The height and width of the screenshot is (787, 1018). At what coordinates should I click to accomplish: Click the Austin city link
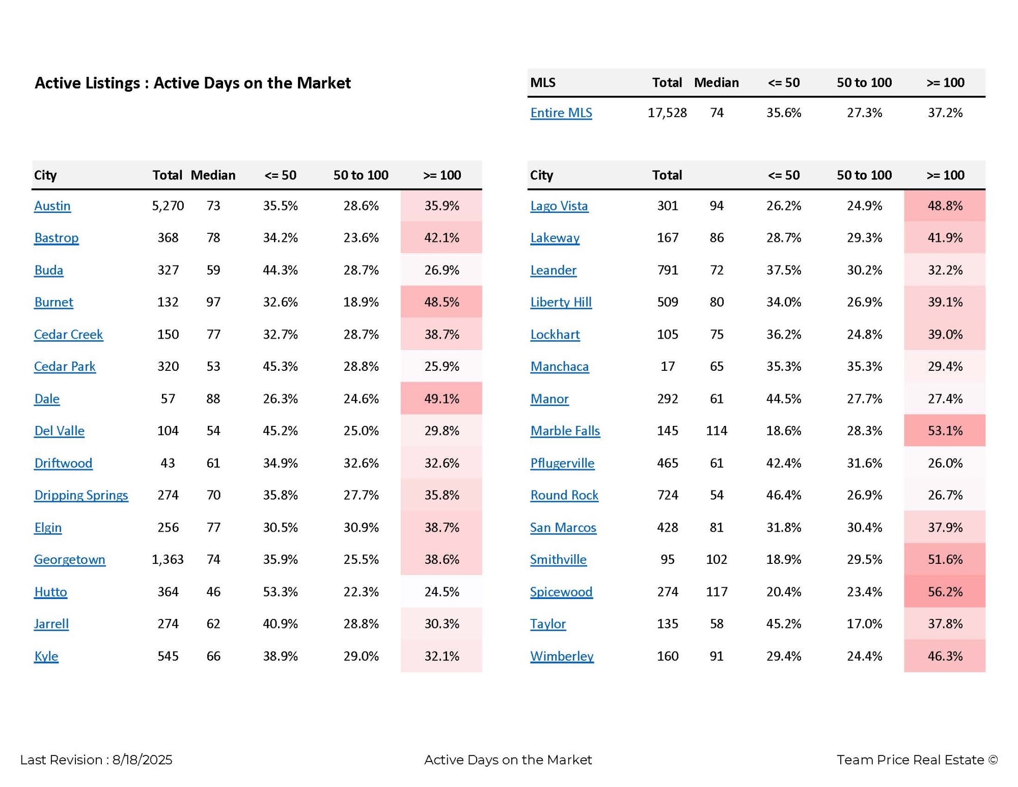pyautogui.click(x=52, y=206)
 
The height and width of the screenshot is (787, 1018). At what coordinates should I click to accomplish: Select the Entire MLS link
pyautogui.click(x=561, y=113)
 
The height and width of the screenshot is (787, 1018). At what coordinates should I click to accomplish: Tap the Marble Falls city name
pyautogui.click(x=565, y=431)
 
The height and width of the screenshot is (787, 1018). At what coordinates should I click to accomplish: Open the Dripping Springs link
pyautogui.click(x=81, y=495)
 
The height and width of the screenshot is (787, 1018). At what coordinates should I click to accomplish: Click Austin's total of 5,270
pyautogui.click(x=168, y=206)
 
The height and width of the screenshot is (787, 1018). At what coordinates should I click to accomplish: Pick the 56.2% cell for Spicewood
pyautogui.click(x=945, y=592)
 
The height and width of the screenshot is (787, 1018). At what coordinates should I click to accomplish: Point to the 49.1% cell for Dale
pyautogui.click(x=442, y=399)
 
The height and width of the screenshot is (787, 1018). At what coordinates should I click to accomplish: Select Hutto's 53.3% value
pyautogui.click(x=280, y=592)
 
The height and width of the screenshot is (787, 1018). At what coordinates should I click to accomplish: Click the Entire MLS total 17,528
pyautogui.click(x=667, y=113)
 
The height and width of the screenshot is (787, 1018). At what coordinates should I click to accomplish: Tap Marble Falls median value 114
pyautogui.click(x=717, y=431)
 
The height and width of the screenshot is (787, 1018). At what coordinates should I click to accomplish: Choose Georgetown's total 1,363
pyautogui.click(x=168, y=560)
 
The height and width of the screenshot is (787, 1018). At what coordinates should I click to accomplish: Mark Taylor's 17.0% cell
pyautogui.click(x=864, y=624)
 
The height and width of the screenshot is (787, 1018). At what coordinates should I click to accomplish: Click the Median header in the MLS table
pyautogui.click(x=716, y=83)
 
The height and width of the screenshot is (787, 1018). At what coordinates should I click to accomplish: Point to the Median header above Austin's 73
pyautogui.click(x=213, y=175)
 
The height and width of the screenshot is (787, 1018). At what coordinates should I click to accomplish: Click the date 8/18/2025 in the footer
pyautogui.click(x=142, y=760)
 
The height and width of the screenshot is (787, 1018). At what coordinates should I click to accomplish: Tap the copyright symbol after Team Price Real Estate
pyautogui.click(x=993, y=760)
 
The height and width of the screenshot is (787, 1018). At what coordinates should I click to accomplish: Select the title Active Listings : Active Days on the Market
pyautogui.click(x=192, y=83)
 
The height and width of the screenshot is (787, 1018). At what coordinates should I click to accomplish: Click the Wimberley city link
pyautogui.click(x=562, y=656)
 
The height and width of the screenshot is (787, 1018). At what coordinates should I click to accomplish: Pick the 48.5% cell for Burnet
pyautogui.click(x=442, y=302)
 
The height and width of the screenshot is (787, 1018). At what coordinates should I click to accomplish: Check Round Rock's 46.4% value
pyautogui.click(x=783, y=495)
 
